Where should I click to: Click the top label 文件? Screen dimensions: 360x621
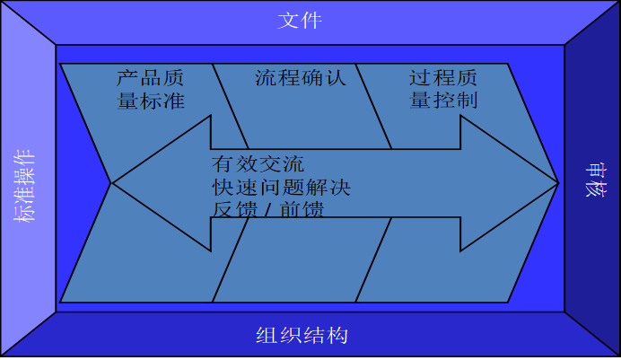point(299,20)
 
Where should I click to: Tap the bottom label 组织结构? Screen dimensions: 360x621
point(302,337)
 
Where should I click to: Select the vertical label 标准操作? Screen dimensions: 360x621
point(24,185)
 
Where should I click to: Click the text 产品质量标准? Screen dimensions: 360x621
point(151,88)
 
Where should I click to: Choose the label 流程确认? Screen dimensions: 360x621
point(300,77)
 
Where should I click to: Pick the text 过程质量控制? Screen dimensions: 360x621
point(443,88)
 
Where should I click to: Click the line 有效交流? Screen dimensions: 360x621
point(258,164)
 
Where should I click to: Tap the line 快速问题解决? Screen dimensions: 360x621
point(281,188)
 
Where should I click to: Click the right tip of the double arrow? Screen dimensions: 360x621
point(557,183)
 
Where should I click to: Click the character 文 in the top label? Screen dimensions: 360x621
point(288,20)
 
